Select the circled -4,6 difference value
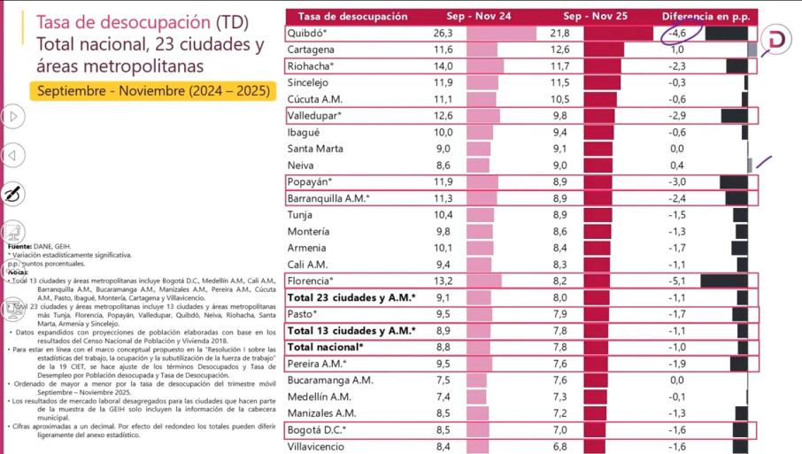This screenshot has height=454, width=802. [x=677, y=33]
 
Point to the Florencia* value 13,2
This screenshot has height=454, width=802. [x=443, y=281]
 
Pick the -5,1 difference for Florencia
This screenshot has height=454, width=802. [x=677, y=281]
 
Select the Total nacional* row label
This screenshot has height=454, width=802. [x=325, y=347]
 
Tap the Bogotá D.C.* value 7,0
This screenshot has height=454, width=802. [x=559, y=430]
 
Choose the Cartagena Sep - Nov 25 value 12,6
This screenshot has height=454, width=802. [x=559, y=50]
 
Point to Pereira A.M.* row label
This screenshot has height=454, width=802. [x=316, y=363]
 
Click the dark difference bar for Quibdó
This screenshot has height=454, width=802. [x=726, y=33]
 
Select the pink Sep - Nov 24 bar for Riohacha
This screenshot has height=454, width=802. [x=484, y=66]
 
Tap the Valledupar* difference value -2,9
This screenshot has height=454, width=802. [x=677, y=116]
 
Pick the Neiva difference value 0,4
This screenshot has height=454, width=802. [x=677, y=165]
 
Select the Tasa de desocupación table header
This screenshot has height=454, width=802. [x=352, y=16]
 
